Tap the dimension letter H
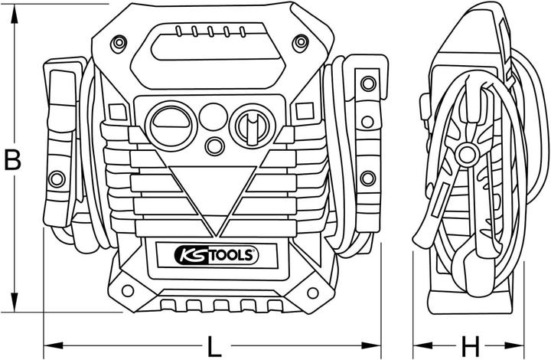pyautogui.click(x=471, y=345)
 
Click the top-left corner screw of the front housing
pyautogui.click(x=116, y=44)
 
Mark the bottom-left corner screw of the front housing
pyautogui.click(x=127, y=291)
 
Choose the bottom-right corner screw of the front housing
pyautogui.click(x=313, y=291)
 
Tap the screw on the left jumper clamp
pyautogui.click(x=56, y=179)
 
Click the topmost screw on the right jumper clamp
pyautogui.click(x=368, y=82)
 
